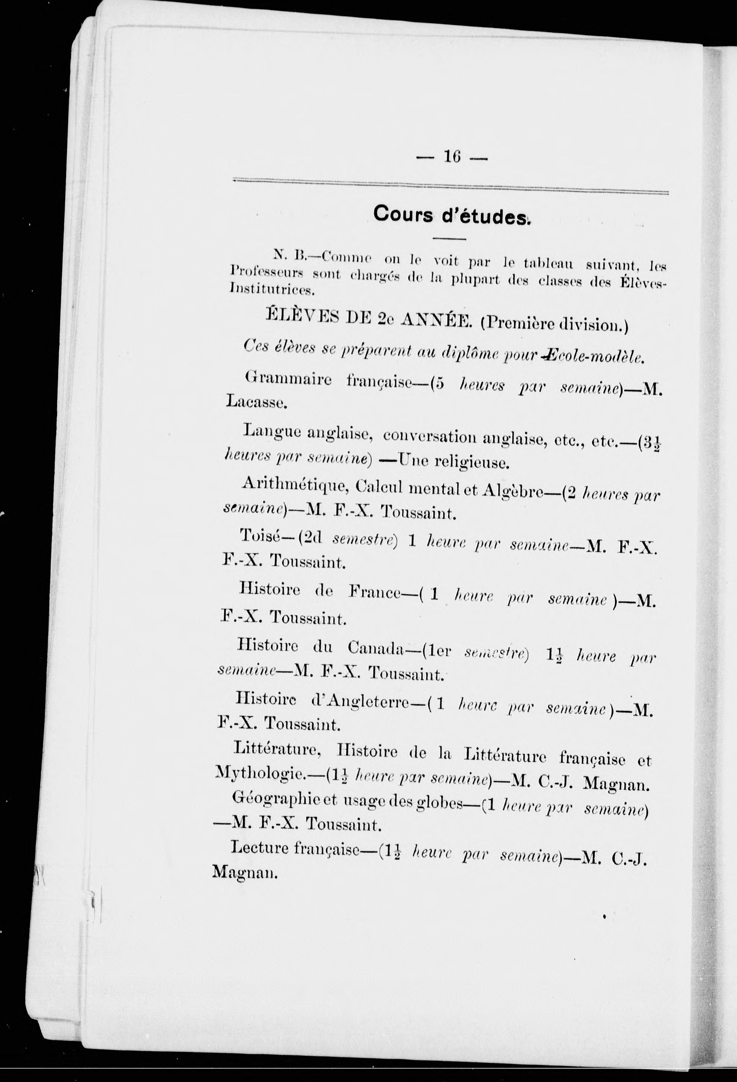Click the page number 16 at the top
pyautogui.click(x=452, y=157)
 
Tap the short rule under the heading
pyautogui.click(x=449, y=239)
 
